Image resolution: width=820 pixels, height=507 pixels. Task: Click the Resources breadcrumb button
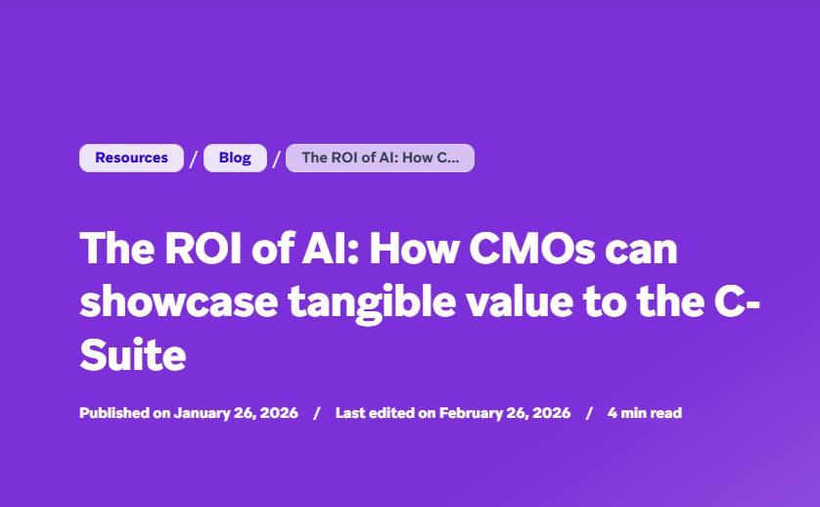point(131,158)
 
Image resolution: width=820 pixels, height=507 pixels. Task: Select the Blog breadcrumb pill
point(235,158)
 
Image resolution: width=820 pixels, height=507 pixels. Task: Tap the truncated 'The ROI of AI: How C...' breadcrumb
point(381,158)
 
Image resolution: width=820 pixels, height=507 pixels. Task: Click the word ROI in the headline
point(204,248)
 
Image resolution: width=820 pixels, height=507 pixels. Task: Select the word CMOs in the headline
point(532,248)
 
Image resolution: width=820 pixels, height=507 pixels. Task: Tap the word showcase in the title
point(179,302)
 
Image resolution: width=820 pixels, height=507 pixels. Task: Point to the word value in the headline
point(520,302)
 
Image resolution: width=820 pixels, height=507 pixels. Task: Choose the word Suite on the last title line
point(133,356)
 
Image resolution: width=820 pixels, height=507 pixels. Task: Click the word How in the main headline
point(414,248)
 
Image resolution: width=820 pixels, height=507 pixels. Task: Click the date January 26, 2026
point(236,413)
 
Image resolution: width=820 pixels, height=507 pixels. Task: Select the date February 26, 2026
point(505,413)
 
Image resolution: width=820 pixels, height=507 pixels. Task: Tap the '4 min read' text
point(645,413)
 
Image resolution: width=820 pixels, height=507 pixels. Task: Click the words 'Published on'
point(125,413)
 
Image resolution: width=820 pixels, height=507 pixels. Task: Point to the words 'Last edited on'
point(386,413)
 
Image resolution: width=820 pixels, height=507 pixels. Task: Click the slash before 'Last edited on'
point(316,413)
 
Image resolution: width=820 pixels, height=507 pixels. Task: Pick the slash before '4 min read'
point(589,413)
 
